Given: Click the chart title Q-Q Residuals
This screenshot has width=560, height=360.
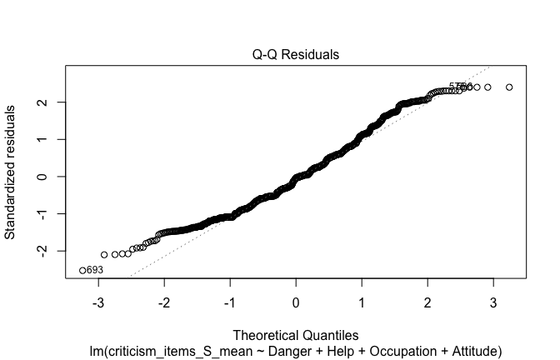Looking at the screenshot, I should pyautogui.click(x=297, y=55).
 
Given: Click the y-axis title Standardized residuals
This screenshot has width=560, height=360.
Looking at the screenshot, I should pyautogui.click(x=12, y=172).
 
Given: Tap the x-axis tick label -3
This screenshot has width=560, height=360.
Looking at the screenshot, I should pyautogui.click(x=98, y=301).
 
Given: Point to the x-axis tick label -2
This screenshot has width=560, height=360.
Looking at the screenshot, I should pyautogui.click(x=164, y=301).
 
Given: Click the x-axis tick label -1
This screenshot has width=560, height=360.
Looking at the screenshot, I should pyautogui.click(x=230, y=301).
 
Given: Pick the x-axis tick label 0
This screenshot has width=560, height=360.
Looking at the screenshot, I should pyautogui.click(x=296, y=301).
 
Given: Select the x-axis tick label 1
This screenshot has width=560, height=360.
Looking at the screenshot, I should pyautogui.click(x=362, y=301).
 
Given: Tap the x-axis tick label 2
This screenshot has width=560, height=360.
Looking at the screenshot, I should pyautogui.click(x=427, y=301).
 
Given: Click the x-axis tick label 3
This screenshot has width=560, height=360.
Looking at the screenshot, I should pyautogui.click(x=493, y=301).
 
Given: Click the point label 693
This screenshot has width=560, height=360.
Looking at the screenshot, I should pyautogui.click(x=96, y=271).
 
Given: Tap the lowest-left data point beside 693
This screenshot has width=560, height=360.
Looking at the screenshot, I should pyautogui.click(x=82, y=270).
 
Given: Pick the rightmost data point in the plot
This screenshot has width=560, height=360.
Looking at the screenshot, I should pyautogui.click(x=509, y=87).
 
